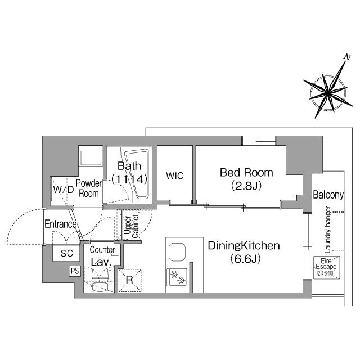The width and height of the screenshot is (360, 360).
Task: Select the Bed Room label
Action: click(x=246, y=172)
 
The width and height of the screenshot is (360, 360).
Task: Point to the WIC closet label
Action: click(x=175, y=175)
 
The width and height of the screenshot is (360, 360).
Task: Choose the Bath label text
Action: click(x=128, y=166)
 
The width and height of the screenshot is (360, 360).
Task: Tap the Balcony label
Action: click(x=328, y=195)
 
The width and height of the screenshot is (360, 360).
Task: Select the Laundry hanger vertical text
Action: click(x=328, y=228)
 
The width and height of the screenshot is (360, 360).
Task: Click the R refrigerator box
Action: click(x=129, y=280)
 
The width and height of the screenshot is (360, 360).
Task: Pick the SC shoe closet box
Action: click(x=67, y=253)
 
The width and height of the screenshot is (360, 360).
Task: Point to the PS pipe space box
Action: click(x=74, y=271)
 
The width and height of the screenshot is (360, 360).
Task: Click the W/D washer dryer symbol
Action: click(x=63, y=190)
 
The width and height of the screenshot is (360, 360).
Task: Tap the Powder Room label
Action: click(x=88, y=188)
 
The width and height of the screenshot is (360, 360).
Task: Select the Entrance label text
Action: click(x=61, y=224)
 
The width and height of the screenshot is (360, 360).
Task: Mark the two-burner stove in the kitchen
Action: click(x=178, y=277)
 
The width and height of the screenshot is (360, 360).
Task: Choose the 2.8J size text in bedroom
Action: click(x=246, y=185)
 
